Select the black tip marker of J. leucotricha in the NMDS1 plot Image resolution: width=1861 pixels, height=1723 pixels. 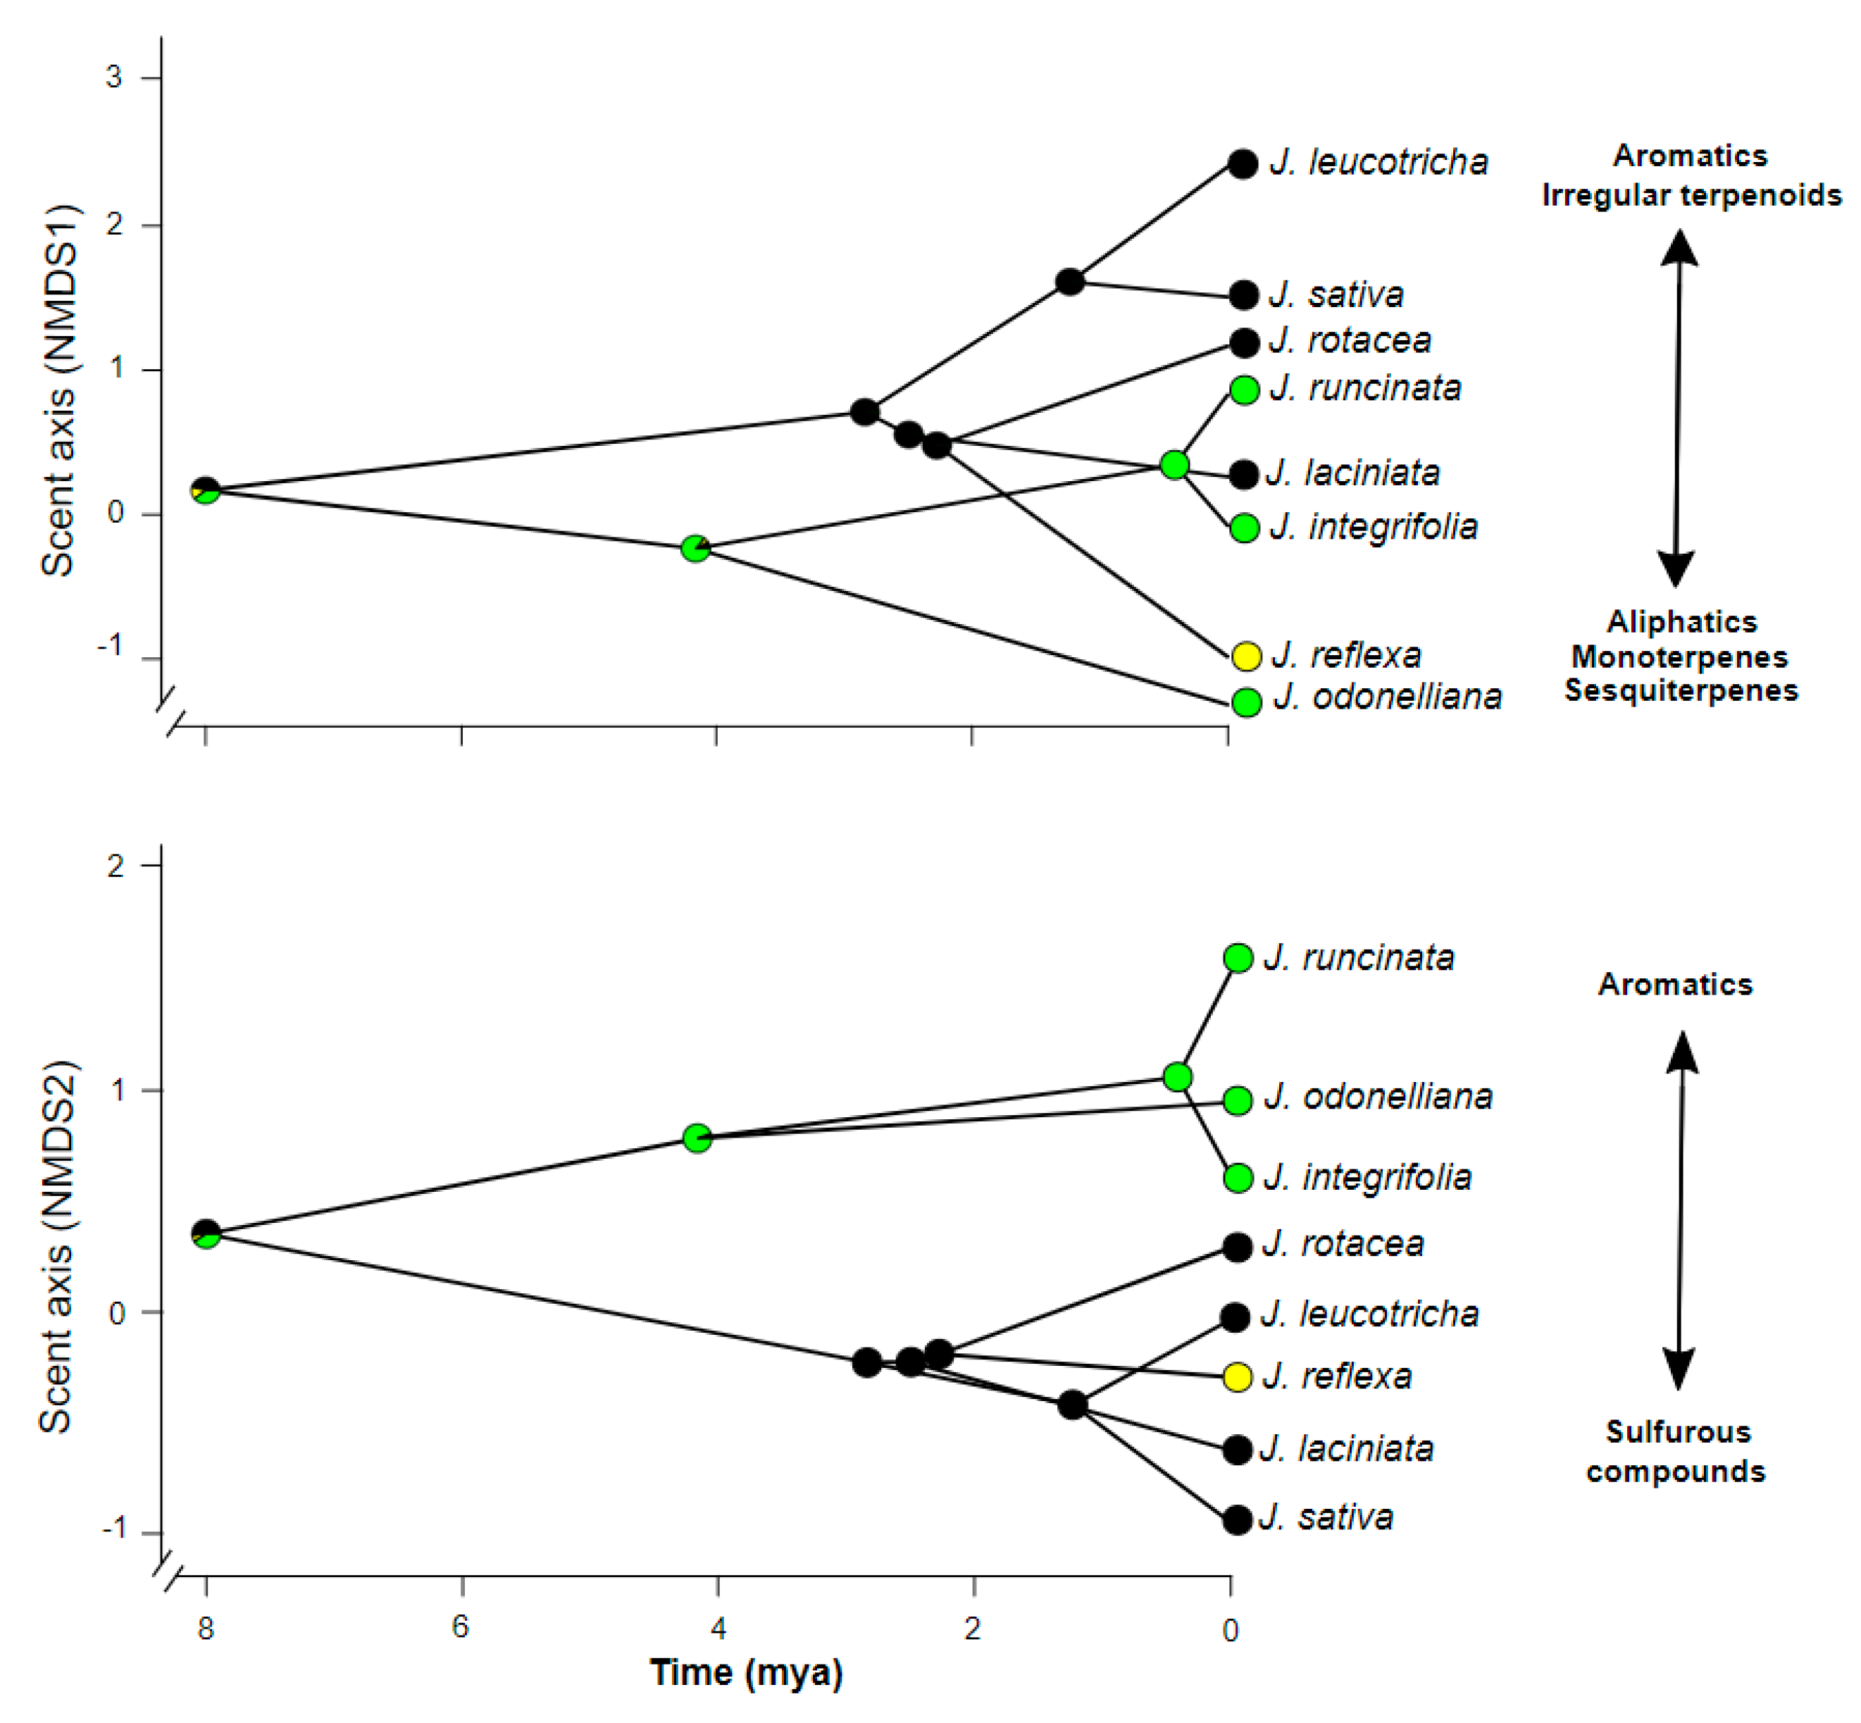click(x=1242, y=164)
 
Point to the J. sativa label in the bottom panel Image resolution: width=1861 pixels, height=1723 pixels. click(x=1326, y=1517)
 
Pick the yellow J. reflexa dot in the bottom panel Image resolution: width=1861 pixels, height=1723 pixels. click(x=1237, y=1376)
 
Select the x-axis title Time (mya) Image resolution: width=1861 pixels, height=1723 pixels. click(x=746, y=1672)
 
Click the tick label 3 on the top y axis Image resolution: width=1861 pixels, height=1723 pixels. click(x=113, y=77)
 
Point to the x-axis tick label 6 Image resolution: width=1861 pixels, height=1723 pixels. click(x=461, y=1626)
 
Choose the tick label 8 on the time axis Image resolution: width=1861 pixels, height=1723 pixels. click(x=205, y=1628)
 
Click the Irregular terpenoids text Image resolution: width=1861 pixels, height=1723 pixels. click(x=1691, y=195)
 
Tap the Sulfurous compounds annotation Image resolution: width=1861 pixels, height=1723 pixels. click(x=1676, y=1451)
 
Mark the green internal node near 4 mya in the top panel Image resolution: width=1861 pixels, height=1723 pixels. click(x=695, y=548)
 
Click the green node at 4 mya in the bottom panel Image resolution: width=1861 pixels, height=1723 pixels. click(x=697, y=1138)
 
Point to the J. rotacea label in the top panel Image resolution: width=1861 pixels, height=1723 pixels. click(x=1350, y=340)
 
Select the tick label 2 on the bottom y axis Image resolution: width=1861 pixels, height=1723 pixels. click(x=115, y=866)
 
